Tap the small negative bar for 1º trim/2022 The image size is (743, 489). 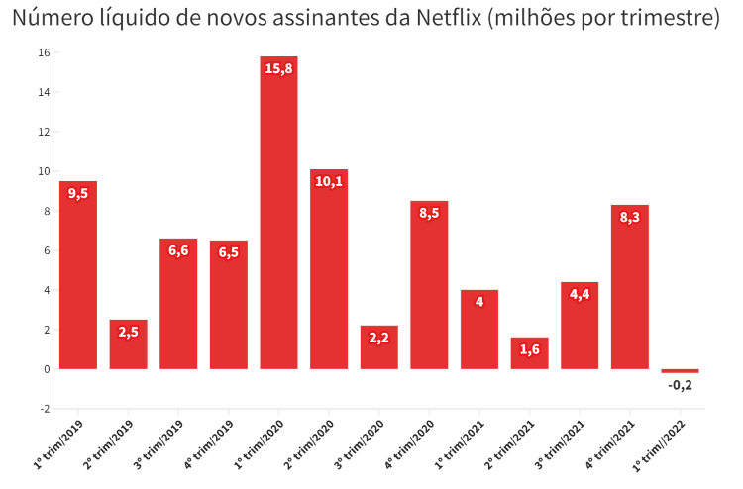click(680, 371)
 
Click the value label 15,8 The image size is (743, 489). click(278, 68)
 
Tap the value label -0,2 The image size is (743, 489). click(680, 384)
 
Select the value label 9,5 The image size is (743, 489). click(78, 193)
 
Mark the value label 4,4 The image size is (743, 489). click(580, 294)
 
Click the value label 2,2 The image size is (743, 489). click(378, 338)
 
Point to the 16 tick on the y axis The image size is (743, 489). click(44, 53)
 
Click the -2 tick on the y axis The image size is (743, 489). click(43, 408)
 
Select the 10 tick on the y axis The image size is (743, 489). click(44, 171)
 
